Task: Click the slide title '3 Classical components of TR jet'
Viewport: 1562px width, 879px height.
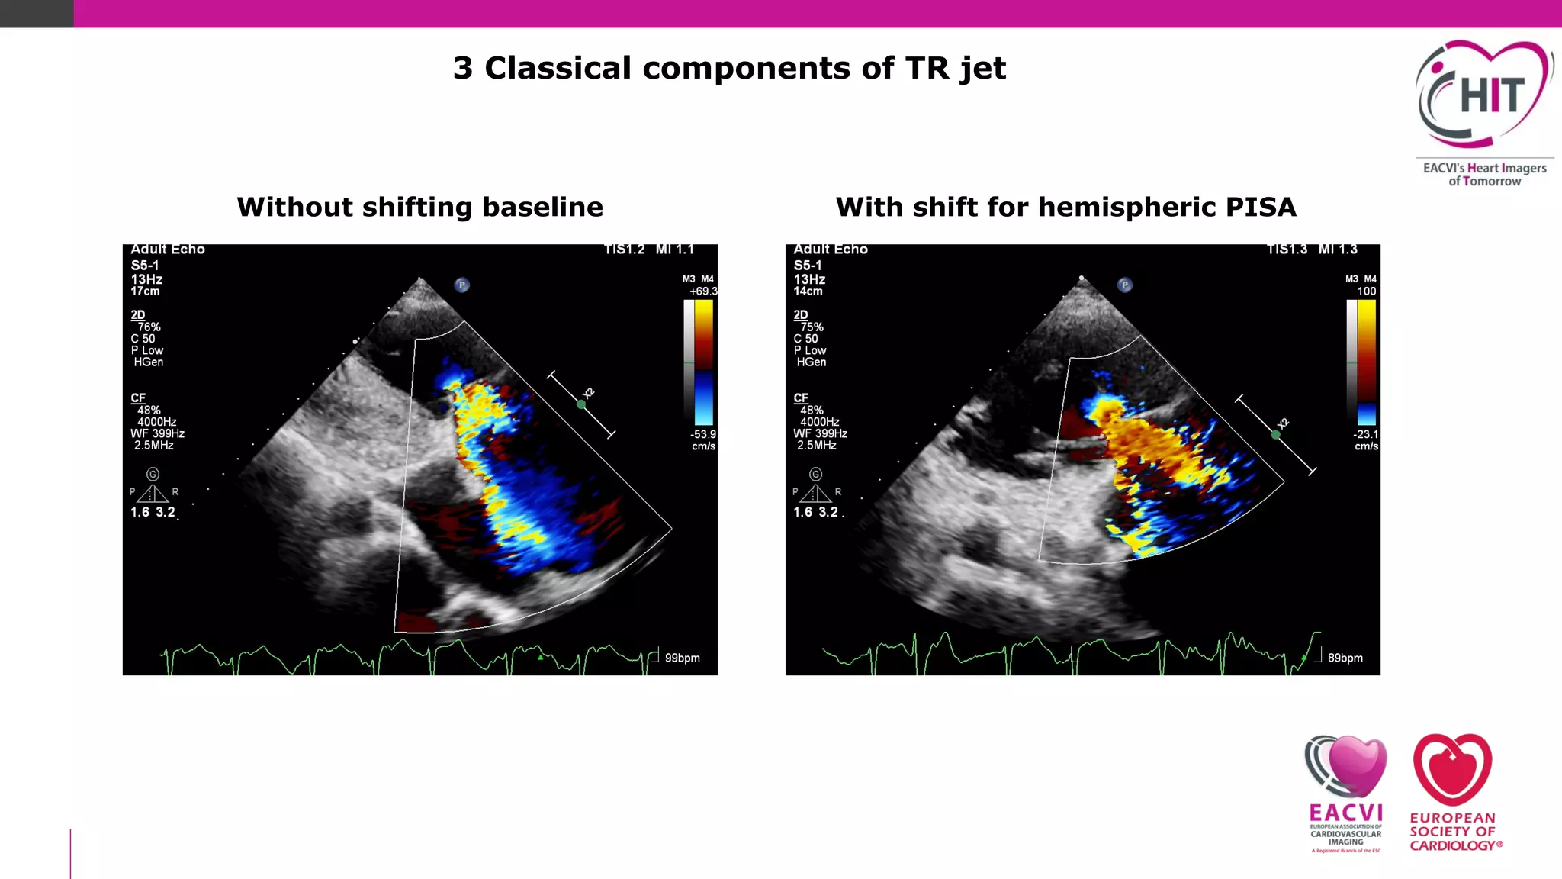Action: coord(729,68)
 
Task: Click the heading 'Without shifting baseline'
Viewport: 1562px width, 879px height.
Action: coord(419,207)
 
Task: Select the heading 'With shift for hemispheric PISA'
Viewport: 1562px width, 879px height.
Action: coord(1065,207)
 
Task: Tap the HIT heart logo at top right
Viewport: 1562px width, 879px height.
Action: coord(1484,95)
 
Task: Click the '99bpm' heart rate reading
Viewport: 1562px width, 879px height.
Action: coord(682,658)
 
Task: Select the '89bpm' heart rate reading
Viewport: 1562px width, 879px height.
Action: coord(1345,658)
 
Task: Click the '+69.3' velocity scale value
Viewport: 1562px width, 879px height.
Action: coord(702,291)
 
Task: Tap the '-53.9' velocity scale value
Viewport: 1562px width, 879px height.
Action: coord(702,434)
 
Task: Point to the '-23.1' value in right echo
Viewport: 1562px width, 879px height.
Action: coord(1365,434)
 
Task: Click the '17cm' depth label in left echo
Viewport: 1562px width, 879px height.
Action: coord(145,291)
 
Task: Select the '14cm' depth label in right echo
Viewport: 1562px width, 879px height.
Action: coord(808,291)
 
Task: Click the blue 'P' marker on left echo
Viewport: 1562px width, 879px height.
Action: coord(462,285)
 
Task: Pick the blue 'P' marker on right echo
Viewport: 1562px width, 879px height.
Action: coord(1125,285)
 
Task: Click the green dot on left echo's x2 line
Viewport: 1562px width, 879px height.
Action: coord(581,404)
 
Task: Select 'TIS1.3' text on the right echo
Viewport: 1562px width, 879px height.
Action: coord(1287,250)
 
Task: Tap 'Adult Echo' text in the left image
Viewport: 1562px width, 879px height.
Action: coord(168,250)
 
